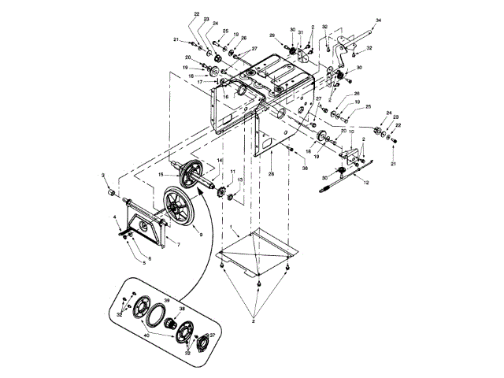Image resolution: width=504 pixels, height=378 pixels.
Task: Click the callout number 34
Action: (378, 19)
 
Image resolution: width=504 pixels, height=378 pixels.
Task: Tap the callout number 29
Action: (272, 35)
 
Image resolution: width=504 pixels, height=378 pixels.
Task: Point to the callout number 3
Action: (102, 174)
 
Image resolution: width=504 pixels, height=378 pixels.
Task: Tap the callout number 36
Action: (305, 168)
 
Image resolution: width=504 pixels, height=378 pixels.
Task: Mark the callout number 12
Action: (365, 183)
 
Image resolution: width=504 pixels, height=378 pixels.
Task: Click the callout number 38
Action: (182, 309)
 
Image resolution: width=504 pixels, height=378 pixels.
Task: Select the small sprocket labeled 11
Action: (221, 191)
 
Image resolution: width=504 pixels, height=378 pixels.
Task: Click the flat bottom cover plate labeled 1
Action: (260, 248)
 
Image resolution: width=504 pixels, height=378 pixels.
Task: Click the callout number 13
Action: (240, 180)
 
